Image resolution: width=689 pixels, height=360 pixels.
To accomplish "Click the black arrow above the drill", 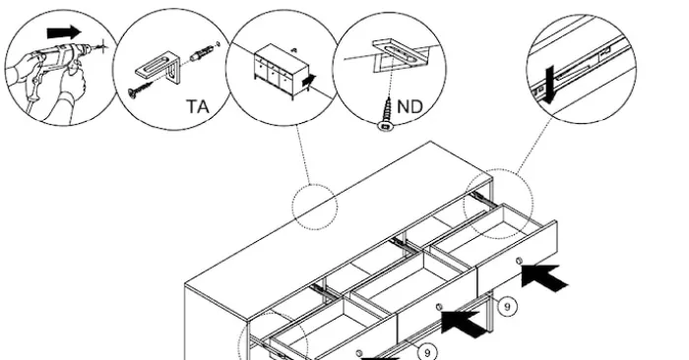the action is click(x=64, y=32).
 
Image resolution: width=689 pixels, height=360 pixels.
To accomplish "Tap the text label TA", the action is click(x=198, y=106).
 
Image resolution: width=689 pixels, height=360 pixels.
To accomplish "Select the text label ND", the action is click(x=409, y=106).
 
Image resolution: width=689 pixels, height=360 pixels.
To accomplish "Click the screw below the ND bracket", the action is click(x=387, y=114).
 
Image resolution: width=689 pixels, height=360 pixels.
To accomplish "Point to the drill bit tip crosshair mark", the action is click(x=102, y=45).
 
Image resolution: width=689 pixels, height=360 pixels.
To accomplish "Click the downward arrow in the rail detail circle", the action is click(x=546, y=85).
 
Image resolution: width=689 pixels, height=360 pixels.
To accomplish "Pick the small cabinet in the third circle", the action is click(x=282, y=71).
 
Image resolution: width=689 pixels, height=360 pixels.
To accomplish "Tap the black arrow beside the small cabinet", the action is click(x=309, y=81).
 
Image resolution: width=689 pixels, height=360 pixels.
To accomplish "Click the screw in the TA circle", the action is click(x=141, y=90).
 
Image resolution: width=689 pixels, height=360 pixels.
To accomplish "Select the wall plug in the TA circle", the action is click(x=201, y=54).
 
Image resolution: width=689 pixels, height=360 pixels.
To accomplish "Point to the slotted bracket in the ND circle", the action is click(x=401, y=52).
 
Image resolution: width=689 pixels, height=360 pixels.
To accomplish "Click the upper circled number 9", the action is click(x=507, y=307).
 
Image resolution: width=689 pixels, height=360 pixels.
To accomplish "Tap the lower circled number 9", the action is click(x=426, y=352).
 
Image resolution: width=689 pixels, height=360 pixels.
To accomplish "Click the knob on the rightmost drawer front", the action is click(x=519, y=262).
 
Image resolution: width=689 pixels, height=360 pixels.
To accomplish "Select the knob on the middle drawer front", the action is click(x=438, y=307).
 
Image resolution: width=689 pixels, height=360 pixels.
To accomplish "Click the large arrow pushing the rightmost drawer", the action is click(x=544, y=277).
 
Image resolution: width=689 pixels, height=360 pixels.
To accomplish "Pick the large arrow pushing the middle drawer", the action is click(x=464, y=324).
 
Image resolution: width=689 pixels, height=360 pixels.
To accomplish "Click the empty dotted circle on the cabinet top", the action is click(x=315, y=207).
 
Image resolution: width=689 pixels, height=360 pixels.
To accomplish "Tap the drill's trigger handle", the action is click(x=34, y=86).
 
